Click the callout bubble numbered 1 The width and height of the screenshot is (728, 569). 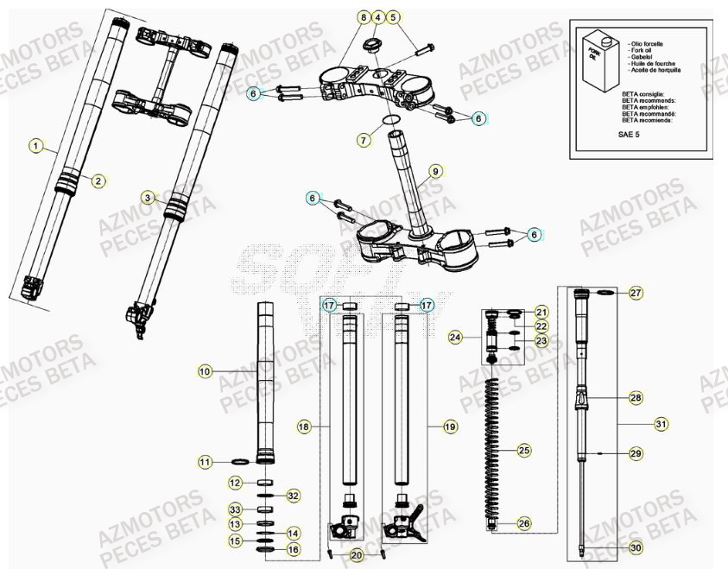coord(35,146)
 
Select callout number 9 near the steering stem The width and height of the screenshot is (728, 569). coord(436,172)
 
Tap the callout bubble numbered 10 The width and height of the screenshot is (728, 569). coord(204,371)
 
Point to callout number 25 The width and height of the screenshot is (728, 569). coord(522,450)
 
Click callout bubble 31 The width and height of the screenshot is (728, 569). coord(662,423)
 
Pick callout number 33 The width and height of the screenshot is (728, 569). coord(235,509)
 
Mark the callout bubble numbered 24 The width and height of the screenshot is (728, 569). coord(455,338)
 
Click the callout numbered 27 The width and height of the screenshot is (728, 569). coord(636,293)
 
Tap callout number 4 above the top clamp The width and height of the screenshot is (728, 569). coord(377,17)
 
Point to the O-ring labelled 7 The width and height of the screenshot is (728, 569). coord(390,120)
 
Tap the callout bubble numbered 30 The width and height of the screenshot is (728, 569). coord(636,547)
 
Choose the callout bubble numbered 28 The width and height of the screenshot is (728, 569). coord(636,398)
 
